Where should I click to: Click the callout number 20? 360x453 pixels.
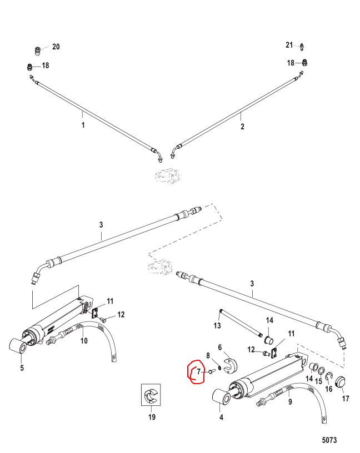(56, 47)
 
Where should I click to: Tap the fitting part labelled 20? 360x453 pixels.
(37, 51)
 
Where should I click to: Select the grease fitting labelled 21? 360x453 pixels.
(302, 47)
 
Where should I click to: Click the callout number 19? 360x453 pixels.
(152, 417)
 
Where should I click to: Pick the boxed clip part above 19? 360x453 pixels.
(151, 395)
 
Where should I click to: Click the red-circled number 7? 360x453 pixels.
(199, 371)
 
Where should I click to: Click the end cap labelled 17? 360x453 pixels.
(341, 382)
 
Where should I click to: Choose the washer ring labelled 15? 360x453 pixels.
(321, 371)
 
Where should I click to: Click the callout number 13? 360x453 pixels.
(217, 325)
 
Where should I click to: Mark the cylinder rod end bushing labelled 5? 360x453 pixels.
(18, 345)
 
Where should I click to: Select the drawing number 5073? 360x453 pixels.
(329, 440)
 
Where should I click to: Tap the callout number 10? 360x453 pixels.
(84, 341)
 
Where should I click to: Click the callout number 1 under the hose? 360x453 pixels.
(83, 125)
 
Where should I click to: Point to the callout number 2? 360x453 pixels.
(242, 126)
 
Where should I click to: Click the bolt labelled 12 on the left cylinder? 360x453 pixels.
(103, 319)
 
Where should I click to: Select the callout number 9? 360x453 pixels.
(290, 401)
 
